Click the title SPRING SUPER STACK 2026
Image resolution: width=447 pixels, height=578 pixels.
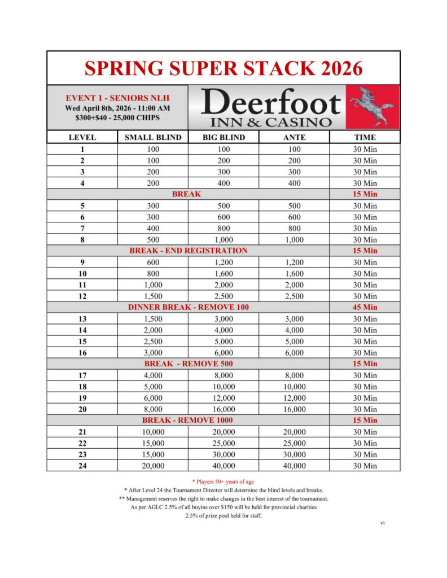point(224,68)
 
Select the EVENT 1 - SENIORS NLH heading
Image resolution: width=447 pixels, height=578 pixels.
point(117,98)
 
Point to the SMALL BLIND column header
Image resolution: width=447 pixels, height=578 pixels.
point(153,137)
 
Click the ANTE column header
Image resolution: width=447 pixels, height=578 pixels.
point(294,137)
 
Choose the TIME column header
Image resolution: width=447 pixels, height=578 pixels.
point(365,137)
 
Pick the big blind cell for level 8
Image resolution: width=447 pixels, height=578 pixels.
point(224,239)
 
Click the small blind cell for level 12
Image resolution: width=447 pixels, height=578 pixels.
point(153,296)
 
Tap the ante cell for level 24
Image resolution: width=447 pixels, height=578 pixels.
point(294,466)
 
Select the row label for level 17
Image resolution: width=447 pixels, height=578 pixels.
point(82,375)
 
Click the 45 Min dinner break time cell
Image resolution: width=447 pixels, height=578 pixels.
point(365,307)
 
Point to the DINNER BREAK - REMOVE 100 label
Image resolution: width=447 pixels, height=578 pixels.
point(188,307)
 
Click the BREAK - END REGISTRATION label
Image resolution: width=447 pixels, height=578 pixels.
point(188,251)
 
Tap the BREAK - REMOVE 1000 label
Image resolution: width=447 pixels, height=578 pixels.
point(188,421)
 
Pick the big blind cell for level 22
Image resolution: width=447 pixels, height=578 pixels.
point(224,443)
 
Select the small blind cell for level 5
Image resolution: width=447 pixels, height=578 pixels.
point(153,205)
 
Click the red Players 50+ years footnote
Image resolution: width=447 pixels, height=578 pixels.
point(224,481)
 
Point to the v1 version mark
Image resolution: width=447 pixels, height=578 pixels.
point(383,523)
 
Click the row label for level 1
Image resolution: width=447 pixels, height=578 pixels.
point(82,149)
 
